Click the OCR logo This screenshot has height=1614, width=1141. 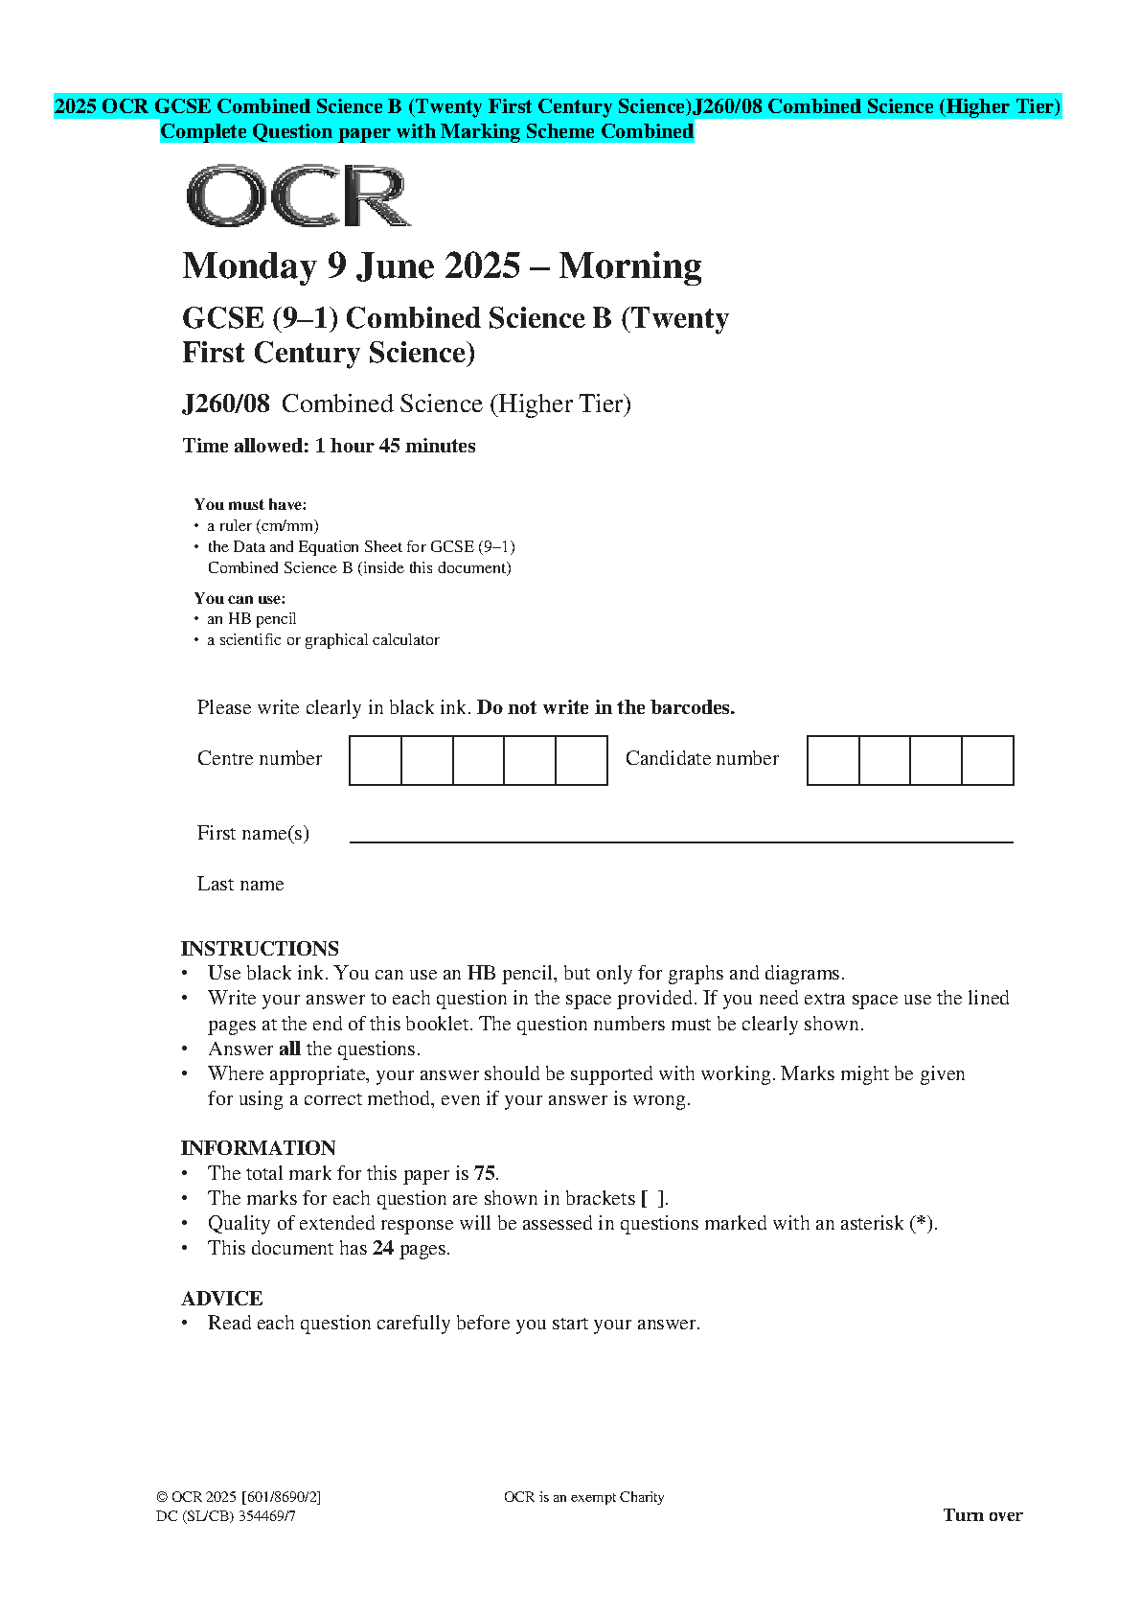298,196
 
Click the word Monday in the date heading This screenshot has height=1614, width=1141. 249,265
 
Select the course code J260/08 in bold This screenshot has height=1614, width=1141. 226,403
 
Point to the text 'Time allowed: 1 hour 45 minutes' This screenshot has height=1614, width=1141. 329,446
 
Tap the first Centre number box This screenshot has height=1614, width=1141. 376,760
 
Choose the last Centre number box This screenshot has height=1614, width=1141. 582,760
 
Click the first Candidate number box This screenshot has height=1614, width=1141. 833,760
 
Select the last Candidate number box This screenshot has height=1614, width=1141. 988,760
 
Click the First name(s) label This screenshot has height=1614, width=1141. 253,833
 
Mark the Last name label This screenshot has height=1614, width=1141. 240,884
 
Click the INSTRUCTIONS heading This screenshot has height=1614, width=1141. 260,948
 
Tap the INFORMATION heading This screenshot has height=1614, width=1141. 258,1147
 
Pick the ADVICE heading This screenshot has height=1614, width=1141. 221,1298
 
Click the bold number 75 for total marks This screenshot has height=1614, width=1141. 485,1173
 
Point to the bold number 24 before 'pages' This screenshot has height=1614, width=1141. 383,1248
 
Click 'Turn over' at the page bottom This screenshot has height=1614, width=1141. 982,1515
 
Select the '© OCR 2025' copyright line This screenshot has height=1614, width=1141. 239,1497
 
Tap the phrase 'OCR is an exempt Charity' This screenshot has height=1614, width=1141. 583,1497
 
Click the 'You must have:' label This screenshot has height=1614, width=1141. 250,504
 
